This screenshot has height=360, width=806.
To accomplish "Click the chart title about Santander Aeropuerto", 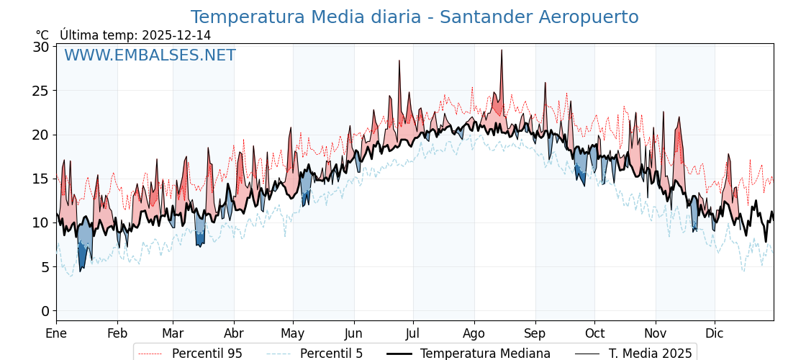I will click(415, 17).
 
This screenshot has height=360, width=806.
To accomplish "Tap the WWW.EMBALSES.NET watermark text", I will click(150, 55).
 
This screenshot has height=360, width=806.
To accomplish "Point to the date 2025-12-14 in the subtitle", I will click(176, 35).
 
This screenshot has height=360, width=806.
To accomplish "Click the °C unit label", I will click(42, 35).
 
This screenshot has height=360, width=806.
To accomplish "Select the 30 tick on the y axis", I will click(42, 47).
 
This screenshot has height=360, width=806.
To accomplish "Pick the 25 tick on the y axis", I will click(42, 91).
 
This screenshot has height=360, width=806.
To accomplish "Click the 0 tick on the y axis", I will click(45, 311).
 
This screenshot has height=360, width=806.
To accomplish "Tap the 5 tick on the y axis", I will click(45, 267).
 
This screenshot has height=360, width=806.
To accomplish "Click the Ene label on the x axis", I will click(56, 334).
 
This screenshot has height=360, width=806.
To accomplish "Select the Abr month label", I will click(233, 334).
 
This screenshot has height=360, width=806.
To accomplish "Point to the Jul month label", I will click(413, 334).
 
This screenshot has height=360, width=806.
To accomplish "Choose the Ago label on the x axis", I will click(474, 334).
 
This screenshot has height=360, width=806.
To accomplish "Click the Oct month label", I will click(594, 334).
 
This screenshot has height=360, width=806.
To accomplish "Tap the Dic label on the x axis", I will click(715, 334).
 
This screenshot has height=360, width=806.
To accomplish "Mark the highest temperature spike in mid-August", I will click(502, 50).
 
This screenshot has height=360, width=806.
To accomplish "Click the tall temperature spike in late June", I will click(399, 61).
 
